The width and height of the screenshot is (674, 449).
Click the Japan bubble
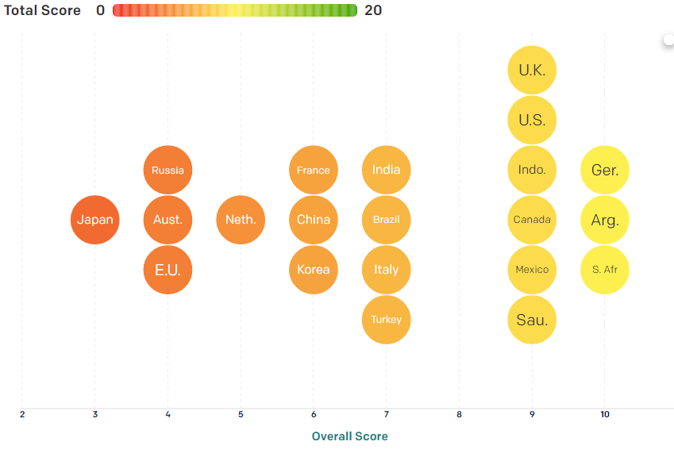[95, 220]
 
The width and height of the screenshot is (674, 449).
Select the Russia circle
[168, 170]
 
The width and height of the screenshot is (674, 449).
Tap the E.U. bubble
[168, 270]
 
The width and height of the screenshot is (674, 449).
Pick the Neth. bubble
[241, 220]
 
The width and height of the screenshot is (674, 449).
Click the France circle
[314, 170]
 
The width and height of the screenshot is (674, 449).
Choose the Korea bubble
[314, 270]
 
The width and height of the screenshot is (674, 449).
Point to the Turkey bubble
[387, 320]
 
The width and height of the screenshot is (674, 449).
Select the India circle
[387, 170]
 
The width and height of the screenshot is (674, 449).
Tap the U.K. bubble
[532, 70]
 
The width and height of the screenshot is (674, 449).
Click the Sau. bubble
[532, 320]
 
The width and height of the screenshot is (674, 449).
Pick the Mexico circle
[532, 270]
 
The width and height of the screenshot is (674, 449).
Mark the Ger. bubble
[605, 170]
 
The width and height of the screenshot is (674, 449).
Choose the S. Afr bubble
[605, 270]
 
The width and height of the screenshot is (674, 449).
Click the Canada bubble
[532, 220]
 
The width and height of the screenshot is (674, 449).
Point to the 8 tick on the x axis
[459, 414]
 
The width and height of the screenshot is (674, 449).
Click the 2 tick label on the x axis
[22, 414]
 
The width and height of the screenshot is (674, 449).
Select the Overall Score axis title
[349, 436]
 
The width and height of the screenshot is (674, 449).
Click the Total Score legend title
[43, 10]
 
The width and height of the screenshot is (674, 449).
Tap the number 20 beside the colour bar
[373, 10]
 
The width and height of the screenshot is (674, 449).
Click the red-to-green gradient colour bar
[235, 10]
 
